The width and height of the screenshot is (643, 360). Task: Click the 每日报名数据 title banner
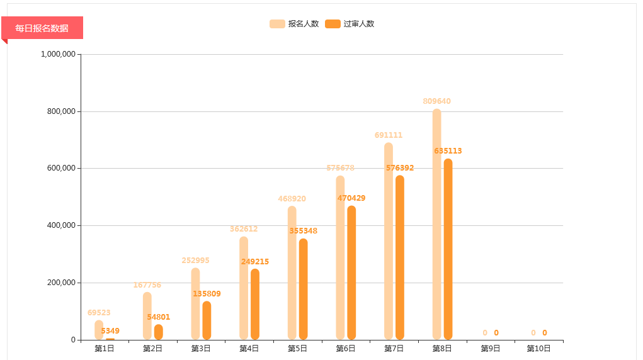(42, 28)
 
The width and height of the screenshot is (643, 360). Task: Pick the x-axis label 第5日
(297, 349)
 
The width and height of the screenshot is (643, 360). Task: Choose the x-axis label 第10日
(538, 349)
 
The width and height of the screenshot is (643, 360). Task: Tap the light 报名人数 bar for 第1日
(99, 330)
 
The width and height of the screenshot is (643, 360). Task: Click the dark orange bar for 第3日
(207, 320)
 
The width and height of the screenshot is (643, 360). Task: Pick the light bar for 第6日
(340, 257)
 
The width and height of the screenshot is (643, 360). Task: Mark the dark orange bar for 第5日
(303, 289)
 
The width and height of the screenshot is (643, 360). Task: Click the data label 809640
(436, 101)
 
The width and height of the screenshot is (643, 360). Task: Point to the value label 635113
(448, 151)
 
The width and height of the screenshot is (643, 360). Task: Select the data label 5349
(110, 331)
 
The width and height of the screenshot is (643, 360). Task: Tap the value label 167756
(147, 285)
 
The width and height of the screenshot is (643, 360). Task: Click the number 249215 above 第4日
(255, 262)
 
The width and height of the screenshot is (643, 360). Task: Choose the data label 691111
(388, 135)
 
